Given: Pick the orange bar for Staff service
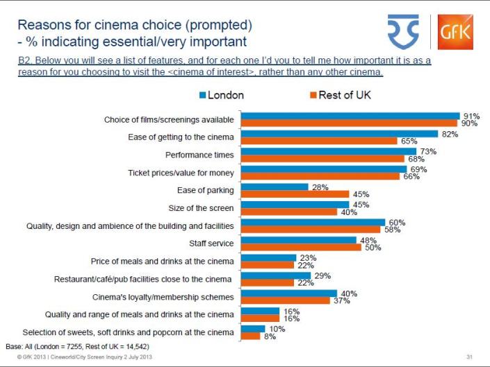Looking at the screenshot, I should (300, 247).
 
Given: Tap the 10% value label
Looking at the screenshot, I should (277, 328).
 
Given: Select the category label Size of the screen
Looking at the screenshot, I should (201, 207).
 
